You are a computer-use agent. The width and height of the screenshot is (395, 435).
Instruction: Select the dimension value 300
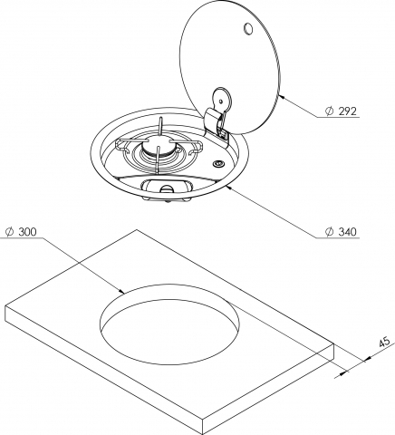pos(27,232)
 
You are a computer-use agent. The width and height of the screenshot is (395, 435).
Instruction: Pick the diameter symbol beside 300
pos(8,232)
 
